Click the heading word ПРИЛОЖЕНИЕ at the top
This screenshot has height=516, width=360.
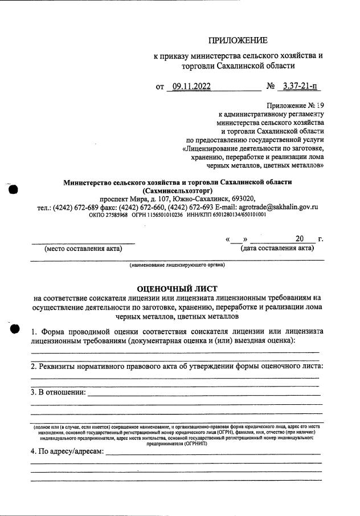tap(238, 40)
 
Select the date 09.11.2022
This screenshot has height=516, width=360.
tap(191, 87)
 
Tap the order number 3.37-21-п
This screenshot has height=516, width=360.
tap(297, 87)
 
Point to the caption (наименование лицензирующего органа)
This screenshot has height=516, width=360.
tap(177, 265)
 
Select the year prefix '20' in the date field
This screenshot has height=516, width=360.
tap(301, 238)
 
